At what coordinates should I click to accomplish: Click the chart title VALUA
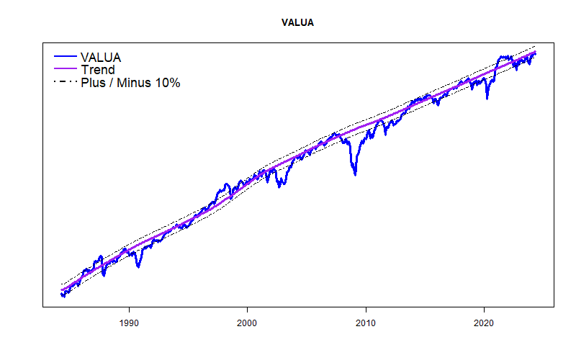297,22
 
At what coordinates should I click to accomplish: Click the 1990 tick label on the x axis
129,323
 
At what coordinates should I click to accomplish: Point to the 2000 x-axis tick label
248,323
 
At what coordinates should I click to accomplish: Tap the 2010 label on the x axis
366,323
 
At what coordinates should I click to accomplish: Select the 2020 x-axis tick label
485,323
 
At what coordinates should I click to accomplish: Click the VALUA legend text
101,57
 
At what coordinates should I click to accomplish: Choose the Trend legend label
97,70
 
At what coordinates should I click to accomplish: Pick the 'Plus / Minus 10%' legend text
130,83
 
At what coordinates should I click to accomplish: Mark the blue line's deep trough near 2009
354,174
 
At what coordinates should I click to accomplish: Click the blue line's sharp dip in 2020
487,98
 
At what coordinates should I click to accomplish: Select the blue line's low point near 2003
279,186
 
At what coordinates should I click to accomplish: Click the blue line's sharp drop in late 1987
104,275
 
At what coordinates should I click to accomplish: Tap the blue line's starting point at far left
62,294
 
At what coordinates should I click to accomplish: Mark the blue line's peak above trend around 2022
504,56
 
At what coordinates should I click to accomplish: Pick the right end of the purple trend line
536,52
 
